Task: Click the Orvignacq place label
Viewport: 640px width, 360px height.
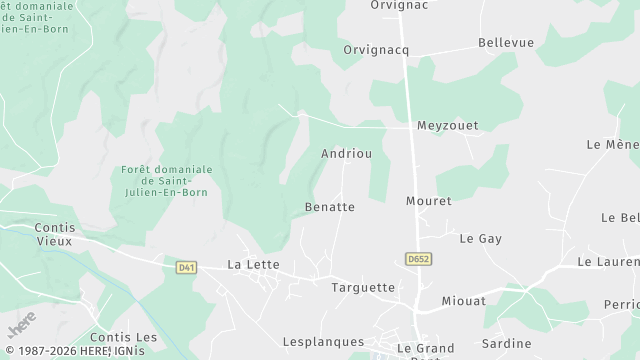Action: pos(376,49)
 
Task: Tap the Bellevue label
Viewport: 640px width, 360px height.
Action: pos(506,42)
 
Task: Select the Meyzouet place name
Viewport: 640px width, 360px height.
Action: pos(447,126)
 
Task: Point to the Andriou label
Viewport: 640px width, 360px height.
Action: pos(347,154)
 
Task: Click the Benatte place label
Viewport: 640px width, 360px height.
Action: pos(329,207)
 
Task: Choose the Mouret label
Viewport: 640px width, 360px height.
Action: pos(429,201)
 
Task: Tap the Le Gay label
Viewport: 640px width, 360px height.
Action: pos(480,239)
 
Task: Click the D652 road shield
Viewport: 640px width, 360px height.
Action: pos(419,259)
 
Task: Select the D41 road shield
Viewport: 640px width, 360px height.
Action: pos(186,267)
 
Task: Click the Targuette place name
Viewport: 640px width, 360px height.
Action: pos(363,287)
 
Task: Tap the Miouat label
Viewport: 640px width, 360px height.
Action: pos(464,300)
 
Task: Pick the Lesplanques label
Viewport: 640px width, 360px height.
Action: pos(323,342)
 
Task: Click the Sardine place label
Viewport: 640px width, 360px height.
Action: pos(507,343)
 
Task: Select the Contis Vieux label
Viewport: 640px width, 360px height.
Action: pos(54,234)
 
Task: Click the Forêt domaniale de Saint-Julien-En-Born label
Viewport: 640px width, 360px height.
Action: pos(167,181)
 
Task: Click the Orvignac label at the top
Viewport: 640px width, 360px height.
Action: pos(399,5)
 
